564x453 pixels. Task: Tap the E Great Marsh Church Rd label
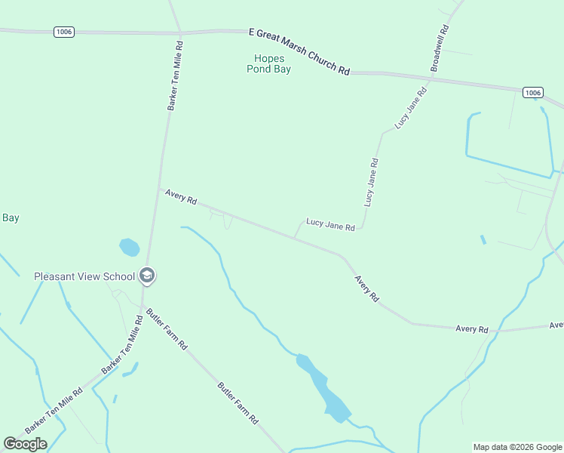pyautogui.click(x=299, y=51)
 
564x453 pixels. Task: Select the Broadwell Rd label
pyautogui.click(x=440, y=48)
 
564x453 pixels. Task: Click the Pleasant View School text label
pyautogui.click(x=84, y=276)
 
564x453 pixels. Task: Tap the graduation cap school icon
pyautogui.click(x=147, y=276)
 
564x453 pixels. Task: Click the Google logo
pyautogui.click(x=25, y=444)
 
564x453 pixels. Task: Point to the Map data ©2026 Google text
pyautogui.click(x=518, y=447)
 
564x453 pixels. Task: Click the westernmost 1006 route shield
pyautogui.click(x=63, y=31)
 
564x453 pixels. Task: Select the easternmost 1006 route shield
pyautogui.click(x=532, y=92)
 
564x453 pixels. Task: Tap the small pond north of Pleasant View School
pyautogui.click(x=130, y=247)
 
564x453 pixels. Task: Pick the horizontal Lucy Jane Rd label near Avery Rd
pyautogui.click(x=330, y=224)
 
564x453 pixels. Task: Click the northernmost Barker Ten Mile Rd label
pyautogui.click(x=175, y=76)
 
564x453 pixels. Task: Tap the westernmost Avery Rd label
pyautogui.click(x=181, y=197)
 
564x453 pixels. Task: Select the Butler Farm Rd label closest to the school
pyautogui.click(x=167, y=328)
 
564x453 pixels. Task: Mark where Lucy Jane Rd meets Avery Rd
pyautogui.click(x=294, y=237)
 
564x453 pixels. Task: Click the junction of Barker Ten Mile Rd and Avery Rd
pyautogui.click(x=158, y=189)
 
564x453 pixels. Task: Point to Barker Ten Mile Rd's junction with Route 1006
pyautogui.click(x=179, y=32)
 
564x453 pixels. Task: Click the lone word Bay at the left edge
pyautogui.click(x=10, y=218)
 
